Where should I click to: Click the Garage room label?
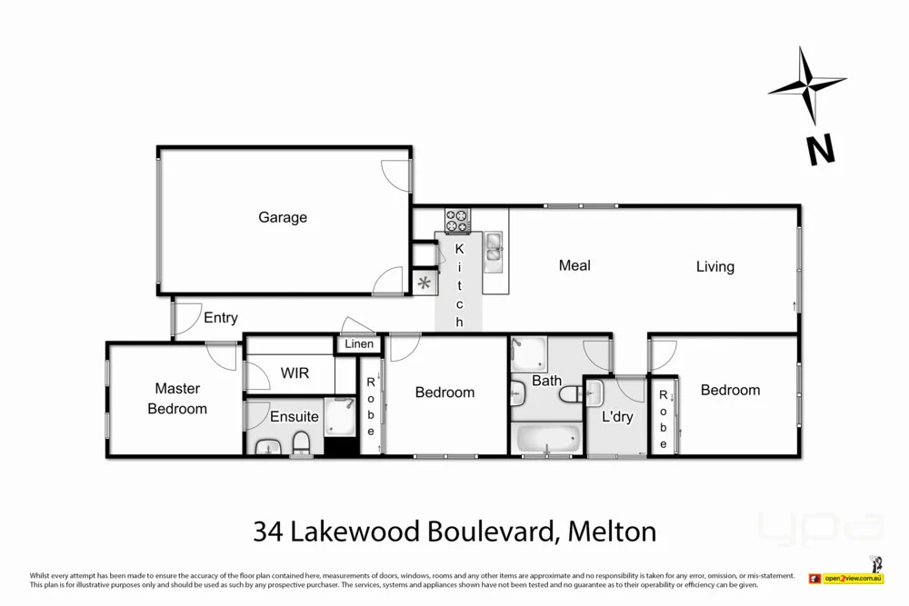(283, 217)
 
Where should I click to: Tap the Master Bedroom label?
(177, 399)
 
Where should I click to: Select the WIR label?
(295, 373)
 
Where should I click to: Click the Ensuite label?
(294, 417)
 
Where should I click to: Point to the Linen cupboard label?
(359, 344)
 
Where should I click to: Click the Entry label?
(221, 317)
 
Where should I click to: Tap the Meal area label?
(574, 265)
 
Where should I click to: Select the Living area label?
(715, 266)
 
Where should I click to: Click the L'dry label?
(617, 418)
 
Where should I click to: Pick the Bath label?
(546, 381)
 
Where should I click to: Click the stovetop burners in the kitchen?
(458, 219)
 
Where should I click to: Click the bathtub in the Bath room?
(547, 439)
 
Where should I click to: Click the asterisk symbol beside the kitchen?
(424, 282)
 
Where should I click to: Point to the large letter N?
(822, 149)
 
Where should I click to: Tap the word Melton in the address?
(611, 531)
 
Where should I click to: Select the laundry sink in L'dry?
(595, 394)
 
